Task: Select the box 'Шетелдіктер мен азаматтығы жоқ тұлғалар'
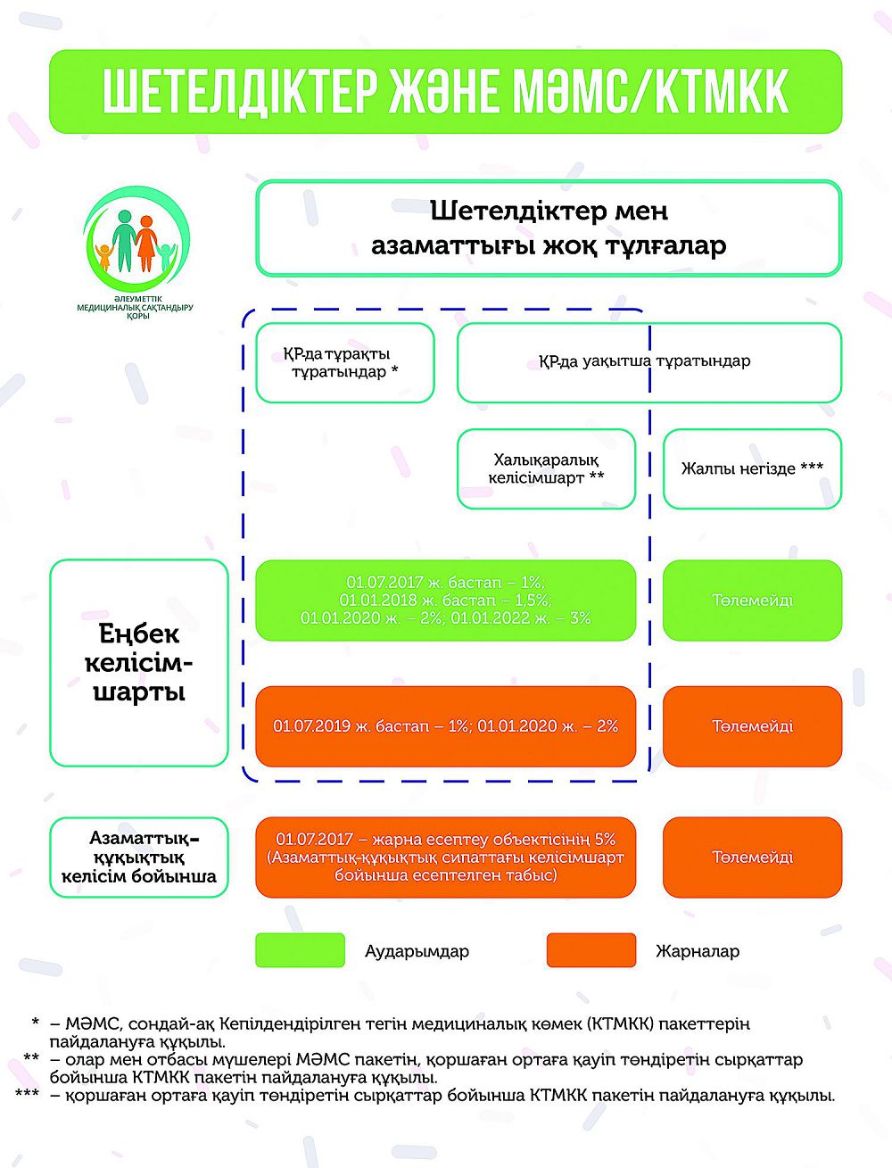(549, 228)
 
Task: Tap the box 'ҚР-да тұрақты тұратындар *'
(345, 363)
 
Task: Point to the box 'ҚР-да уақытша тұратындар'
(648, 362)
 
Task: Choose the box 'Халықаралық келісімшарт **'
(546, 468)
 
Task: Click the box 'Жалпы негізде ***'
(752, 469)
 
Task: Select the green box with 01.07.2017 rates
(445, 600)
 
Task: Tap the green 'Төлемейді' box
(752, 601)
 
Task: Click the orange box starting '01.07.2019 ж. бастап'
(445, 726)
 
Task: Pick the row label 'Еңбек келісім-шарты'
(139, 663)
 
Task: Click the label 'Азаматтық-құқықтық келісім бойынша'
(139, 857)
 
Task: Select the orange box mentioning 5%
(445, 857)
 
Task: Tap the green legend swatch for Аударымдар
(300, 950)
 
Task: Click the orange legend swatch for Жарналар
(591, 950)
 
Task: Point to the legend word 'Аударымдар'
(417, 951)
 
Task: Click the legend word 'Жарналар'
(698, 951)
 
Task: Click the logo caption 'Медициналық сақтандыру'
(135, 308)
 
